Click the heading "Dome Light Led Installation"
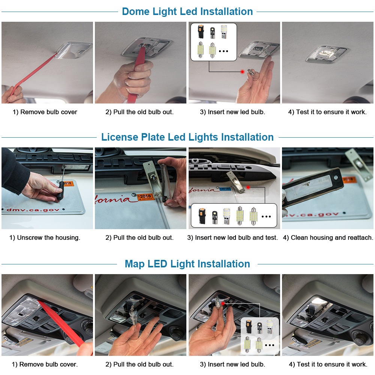point(187,12)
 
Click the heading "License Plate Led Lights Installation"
point(187,137)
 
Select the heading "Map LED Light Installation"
point(187,264)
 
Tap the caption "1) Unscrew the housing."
point(45,237)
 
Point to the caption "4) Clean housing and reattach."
point(328,237)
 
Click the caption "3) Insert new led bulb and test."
point(232,237)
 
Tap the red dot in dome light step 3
point(242,72)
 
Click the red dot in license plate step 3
point(248,187)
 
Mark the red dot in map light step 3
point(223,303)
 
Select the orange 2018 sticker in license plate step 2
point(145,197)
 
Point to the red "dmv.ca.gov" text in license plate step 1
point(33,210)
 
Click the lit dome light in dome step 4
point(327,54)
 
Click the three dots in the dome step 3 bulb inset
point(223,51)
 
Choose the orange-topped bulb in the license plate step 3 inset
point(202,216)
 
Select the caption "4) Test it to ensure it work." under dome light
point(327,112)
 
